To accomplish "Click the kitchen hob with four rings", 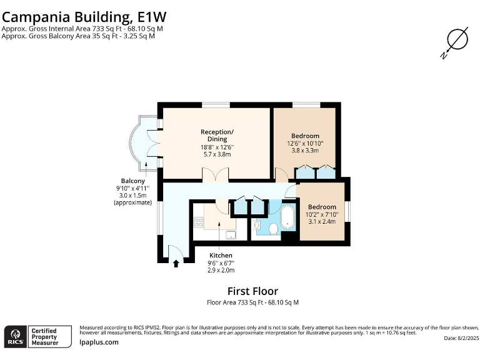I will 199,222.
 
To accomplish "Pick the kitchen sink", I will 231,235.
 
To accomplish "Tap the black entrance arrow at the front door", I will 176,264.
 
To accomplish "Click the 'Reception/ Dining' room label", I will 217,135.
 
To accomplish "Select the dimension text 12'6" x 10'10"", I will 305,143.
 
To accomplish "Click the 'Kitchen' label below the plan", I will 221,256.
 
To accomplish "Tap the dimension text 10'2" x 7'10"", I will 321,214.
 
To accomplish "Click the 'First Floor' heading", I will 252,291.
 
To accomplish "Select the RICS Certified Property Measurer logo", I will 32,336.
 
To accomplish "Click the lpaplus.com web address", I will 99,342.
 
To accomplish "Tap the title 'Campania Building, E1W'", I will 85,15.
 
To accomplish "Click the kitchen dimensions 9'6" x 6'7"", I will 221,263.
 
